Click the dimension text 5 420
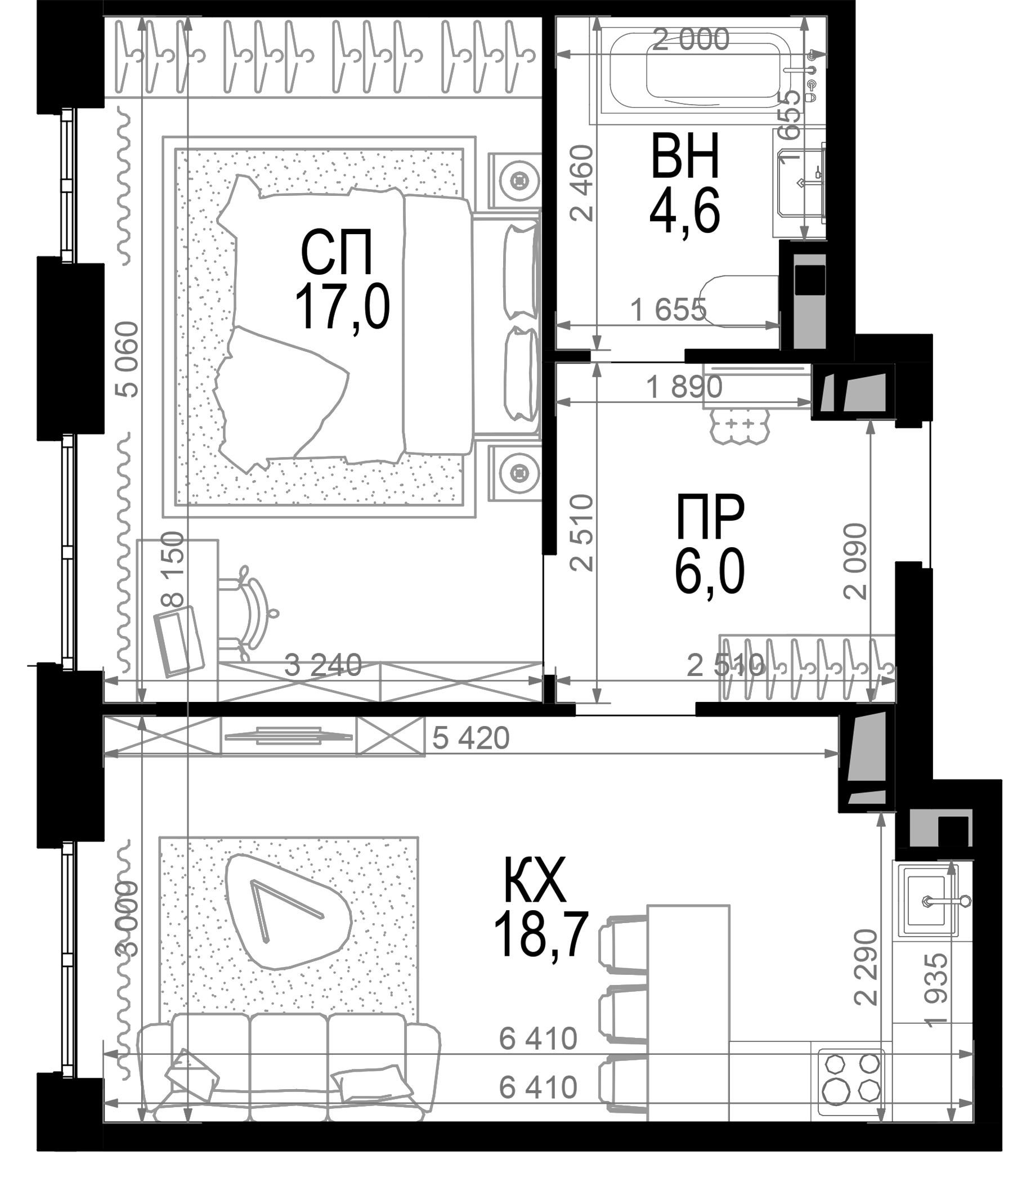[x=470, y=738]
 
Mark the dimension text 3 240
[x=323, y=665]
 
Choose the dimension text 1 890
[x=684, y=388]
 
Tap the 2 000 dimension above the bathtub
[x=690, y=39]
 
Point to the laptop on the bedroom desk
[x=178, y=641]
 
